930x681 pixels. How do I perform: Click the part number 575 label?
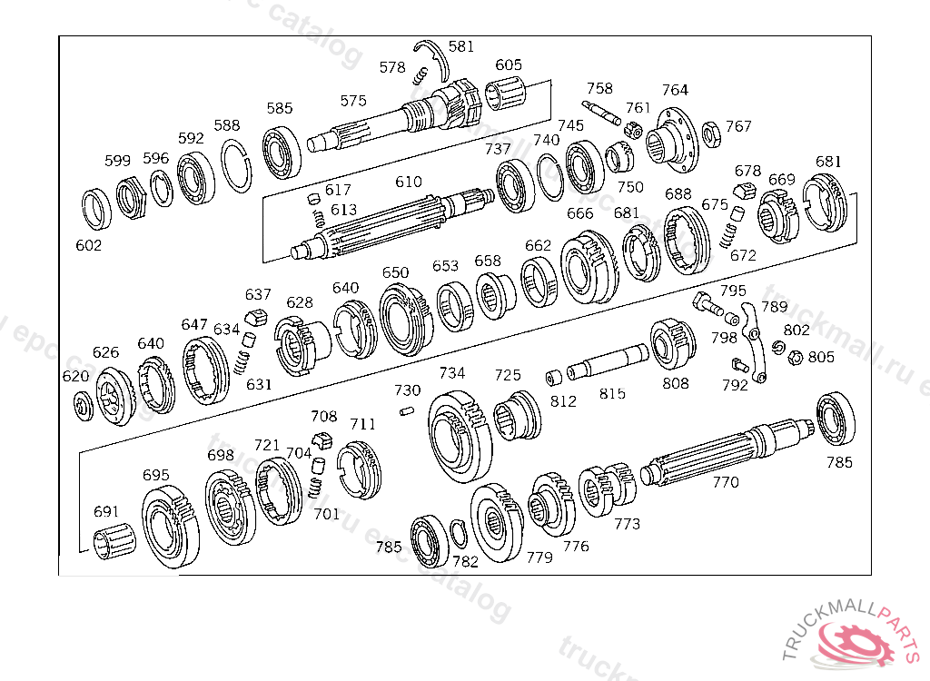click(x=353, y=101)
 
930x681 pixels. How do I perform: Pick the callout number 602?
click(x=89, y=245)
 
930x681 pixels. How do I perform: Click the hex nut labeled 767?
click(x=712, y=132)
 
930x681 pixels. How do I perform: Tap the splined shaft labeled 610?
click(x=391, y=227)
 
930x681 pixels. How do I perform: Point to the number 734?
click(x=452, y=373)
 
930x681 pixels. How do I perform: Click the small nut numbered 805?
click(x=793, y=358)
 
